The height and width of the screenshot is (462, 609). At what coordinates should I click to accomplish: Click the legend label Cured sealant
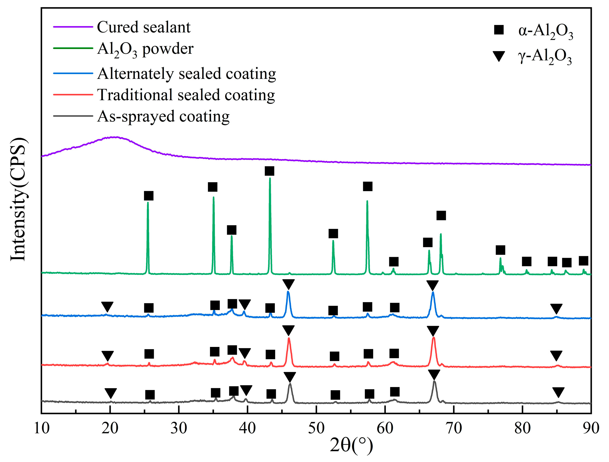(143, 27)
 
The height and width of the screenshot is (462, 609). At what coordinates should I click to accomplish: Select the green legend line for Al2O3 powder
(73, 48)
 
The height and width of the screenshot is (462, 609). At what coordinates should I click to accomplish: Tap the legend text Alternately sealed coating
(186, 74)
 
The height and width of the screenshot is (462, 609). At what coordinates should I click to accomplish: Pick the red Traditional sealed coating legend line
(73, 95)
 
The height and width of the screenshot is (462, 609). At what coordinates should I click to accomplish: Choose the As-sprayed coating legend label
(163, 117)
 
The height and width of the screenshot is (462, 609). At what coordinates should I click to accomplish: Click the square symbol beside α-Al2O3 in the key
(499, 30)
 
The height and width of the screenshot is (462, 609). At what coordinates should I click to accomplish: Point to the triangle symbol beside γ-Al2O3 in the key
(499, 56)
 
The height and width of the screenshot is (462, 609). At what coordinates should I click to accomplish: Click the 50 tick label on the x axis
(316, 428)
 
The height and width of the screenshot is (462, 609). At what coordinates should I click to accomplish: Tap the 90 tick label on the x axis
(591, 428)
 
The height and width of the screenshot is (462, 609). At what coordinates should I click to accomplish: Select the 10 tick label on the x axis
(42, 428)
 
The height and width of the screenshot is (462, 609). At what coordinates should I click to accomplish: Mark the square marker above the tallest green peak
(269, 171)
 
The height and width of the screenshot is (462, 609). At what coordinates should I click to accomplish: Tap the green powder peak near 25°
(148, 203)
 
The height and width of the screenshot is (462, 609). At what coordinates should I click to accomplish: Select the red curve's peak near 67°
(433, 338)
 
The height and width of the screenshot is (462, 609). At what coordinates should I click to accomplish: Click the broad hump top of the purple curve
(115, 137)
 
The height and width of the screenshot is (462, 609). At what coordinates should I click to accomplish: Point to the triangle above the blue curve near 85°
(556, 309)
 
